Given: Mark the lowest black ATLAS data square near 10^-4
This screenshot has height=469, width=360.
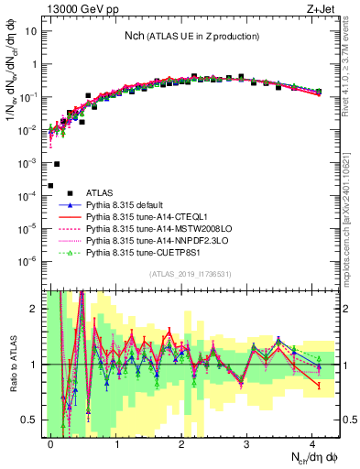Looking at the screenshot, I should pyautogui.click(x=50, y=185).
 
